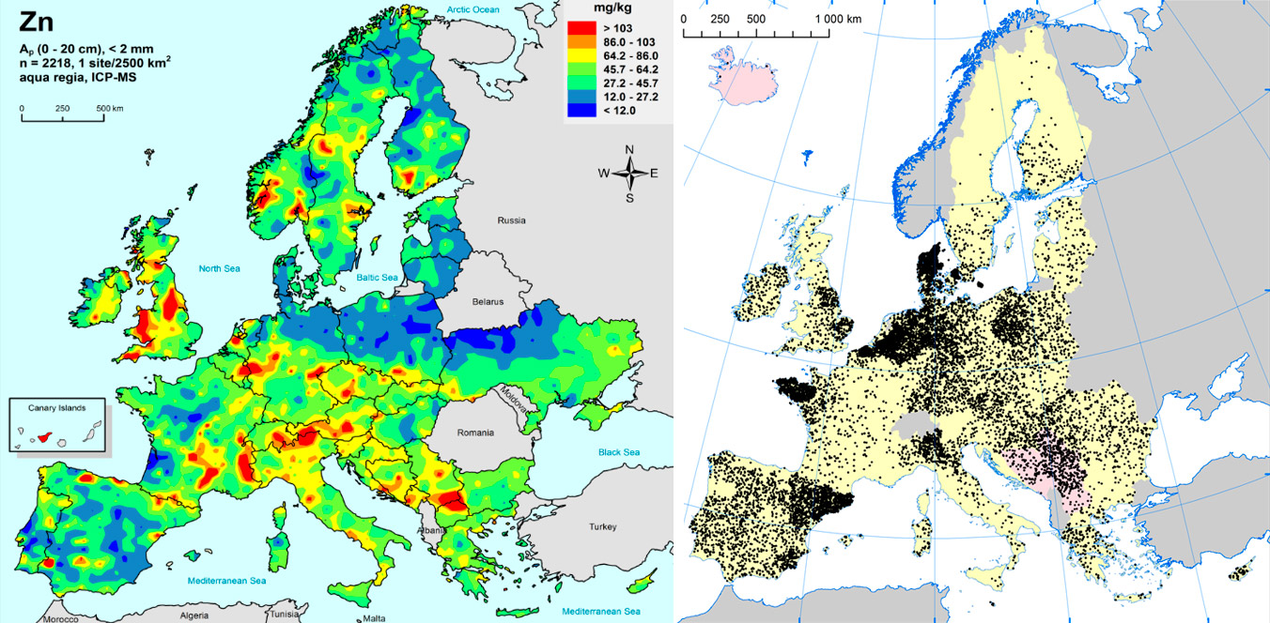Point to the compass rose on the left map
(x=629, y=173)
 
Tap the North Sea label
(x=219, y=269)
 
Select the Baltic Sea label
(x=379, y=279)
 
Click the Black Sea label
(x=618, y=452)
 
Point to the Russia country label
(x=511, y=221)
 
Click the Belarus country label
(x=488, y=302)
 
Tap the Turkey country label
(x=603, y=527)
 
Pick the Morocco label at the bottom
(x=58, y=618)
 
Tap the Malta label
(x=374, y=618)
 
